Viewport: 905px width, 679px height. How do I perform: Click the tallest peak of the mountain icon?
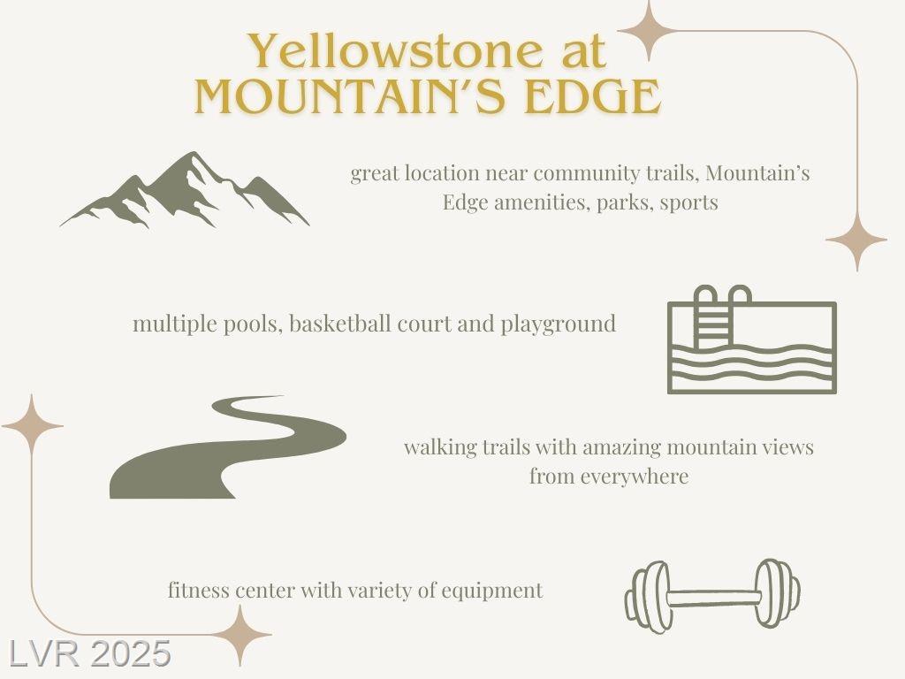tap(193, 154)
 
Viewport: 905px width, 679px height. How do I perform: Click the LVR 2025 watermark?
tap(89, 654)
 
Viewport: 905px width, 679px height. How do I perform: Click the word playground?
tap(559, 324)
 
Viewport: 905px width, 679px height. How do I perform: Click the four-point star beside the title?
tap(650, 31)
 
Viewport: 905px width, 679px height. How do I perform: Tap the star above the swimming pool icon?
tap(856, 240)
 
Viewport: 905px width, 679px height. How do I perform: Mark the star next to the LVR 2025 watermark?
tap(240, 635)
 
